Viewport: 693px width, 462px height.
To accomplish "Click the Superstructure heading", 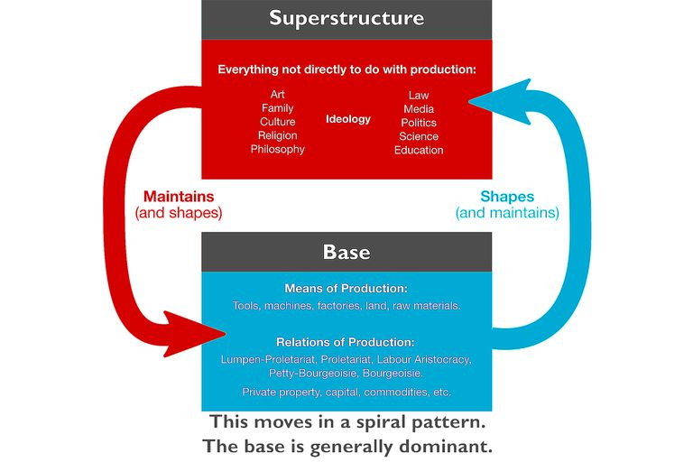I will tap(346, 18).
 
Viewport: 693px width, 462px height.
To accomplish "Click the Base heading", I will tap(346, 251).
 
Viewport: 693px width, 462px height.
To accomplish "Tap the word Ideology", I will tap(348, 119).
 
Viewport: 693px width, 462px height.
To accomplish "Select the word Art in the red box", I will tap(278, 95).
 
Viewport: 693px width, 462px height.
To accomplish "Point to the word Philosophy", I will tap(278, 150).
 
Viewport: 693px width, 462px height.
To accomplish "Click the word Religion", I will tap(278, 136).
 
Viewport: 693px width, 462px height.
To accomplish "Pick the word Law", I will tap(419, 95).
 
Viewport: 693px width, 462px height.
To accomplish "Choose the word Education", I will tap(419, 151).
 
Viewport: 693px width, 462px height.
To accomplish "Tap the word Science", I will tap(419, 136).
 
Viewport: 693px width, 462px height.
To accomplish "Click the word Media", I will tap(419, 109).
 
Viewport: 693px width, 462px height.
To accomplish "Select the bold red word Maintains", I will tap(179, 196).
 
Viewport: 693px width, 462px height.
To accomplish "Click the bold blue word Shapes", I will tap(507, 196).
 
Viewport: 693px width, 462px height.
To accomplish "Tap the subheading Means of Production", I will tap(346, 289).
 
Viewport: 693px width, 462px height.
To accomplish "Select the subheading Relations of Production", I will tap(346, 343).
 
